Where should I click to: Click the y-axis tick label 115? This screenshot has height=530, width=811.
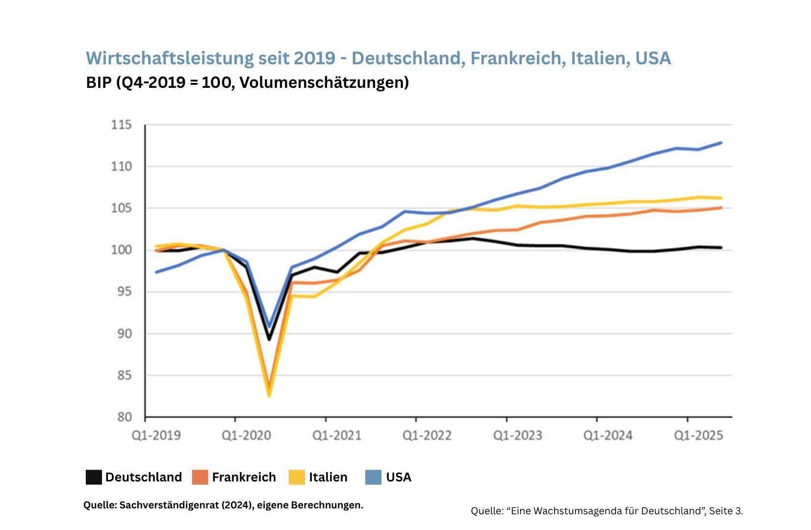[x=122, y=125]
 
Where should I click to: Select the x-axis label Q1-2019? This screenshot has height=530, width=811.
[x=156, y=436]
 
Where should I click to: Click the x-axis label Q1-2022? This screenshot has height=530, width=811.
[x=427, y=436]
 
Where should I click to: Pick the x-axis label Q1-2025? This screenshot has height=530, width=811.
[x=698, y=436]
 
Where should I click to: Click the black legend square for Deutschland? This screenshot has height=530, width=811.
[x=94, y=477]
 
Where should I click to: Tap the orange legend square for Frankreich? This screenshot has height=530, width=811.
[x=200, y=477]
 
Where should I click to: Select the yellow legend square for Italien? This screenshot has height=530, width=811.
[x=297, y=477]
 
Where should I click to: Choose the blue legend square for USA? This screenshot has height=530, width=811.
[x=374, y=477]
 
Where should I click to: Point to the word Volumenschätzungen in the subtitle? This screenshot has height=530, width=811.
[x=324, y=82]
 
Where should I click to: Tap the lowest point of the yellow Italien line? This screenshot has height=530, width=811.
[x=269, y=395]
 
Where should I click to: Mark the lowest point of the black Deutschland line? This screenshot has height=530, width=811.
[x=269, y=339]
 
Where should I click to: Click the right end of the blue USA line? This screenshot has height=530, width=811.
[x=721, y=143]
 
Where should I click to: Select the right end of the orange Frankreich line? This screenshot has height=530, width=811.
[x=721, y=208]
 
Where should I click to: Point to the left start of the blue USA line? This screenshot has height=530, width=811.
[x=156, y=272]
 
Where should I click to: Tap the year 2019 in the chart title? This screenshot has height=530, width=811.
[x=314, y=58]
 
